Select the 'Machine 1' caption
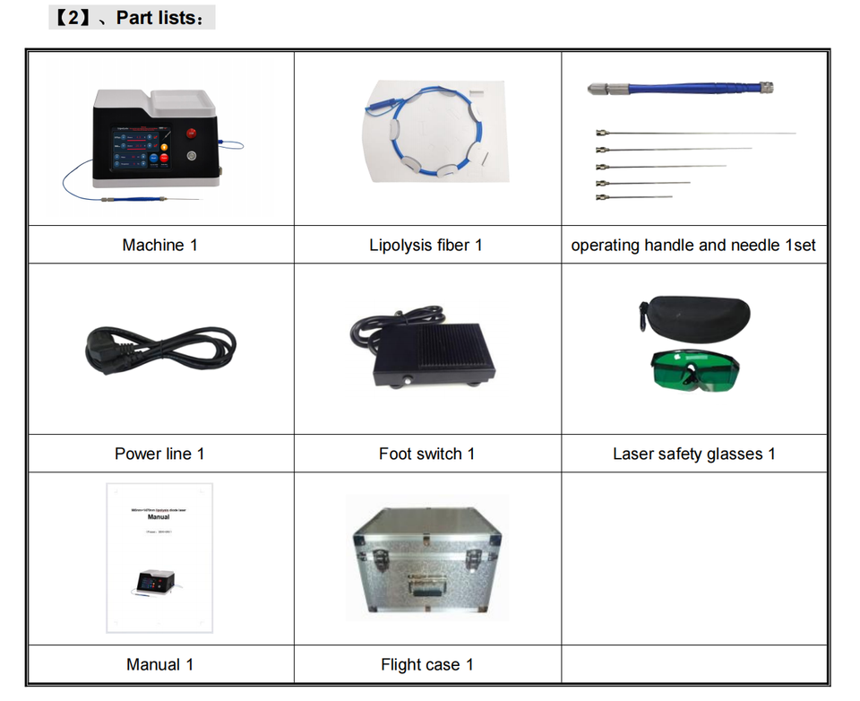point(159,245)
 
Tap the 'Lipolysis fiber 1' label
point(426,245)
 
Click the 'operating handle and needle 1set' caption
point(693,245)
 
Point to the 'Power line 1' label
point(159,454)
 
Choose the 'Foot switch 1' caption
point(426,454)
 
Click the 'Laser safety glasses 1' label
point(693,454)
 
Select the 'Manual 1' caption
point(159,664)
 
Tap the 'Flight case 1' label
point(426,664)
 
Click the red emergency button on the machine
point(191,134)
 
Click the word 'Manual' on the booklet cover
point(159,517)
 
